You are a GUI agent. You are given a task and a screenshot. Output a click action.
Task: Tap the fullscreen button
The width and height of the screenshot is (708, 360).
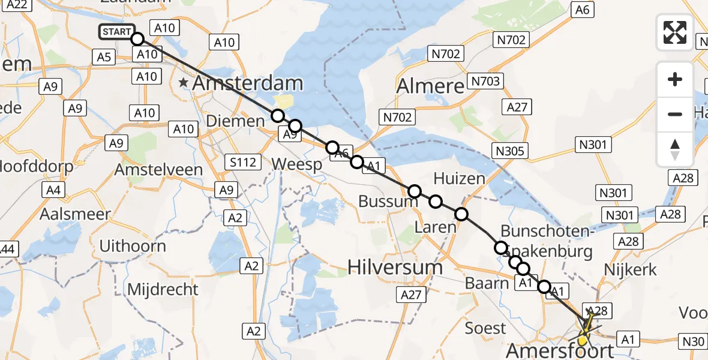(675, 32)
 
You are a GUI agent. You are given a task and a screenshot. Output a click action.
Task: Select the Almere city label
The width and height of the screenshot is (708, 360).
(430, 86)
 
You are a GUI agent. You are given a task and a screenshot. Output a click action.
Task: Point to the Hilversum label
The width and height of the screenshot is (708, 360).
(395, 267)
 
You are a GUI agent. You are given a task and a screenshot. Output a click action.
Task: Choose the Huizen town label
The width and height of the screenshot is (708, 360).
(459, 178)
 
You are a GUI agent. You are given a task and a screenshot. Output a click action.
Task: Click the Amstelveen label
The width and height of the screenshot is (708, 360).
(158, 170)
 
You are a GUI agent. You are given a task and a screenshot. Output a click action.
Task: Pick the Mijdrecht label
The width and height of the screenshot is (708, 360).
(163, 289)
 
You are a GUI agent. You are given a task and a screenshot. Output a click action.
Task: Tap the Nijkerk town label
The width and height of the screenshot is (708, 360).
(631, 269)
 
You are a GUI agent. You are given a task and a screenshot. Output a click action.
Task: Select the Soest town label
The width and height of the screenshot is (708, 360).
(485, 328)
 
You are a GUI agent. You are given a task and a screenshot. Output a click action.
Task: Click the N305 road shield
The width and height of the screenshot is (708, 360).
(511, 151)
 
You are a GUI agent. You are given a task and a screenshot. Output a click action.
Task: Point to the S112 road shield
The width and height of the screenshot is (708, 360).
(244, 162)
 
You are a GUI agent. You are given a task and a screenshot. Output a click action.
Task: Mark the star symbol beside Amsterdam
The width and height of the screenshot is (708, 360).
(183, 83)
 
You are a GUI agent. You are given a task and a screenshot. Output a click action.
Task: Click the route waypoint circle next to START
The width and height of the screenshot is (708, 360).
(137, 39)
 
